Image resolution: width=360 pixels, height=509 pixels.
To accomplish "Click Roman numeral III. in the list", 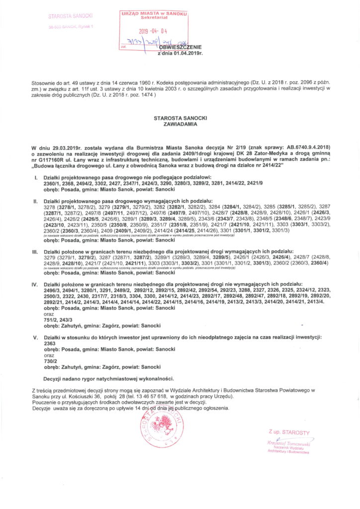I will pos(35,252).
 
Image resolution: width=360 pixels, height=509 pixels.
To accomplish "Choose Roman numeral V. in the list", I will pos(35,337).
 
